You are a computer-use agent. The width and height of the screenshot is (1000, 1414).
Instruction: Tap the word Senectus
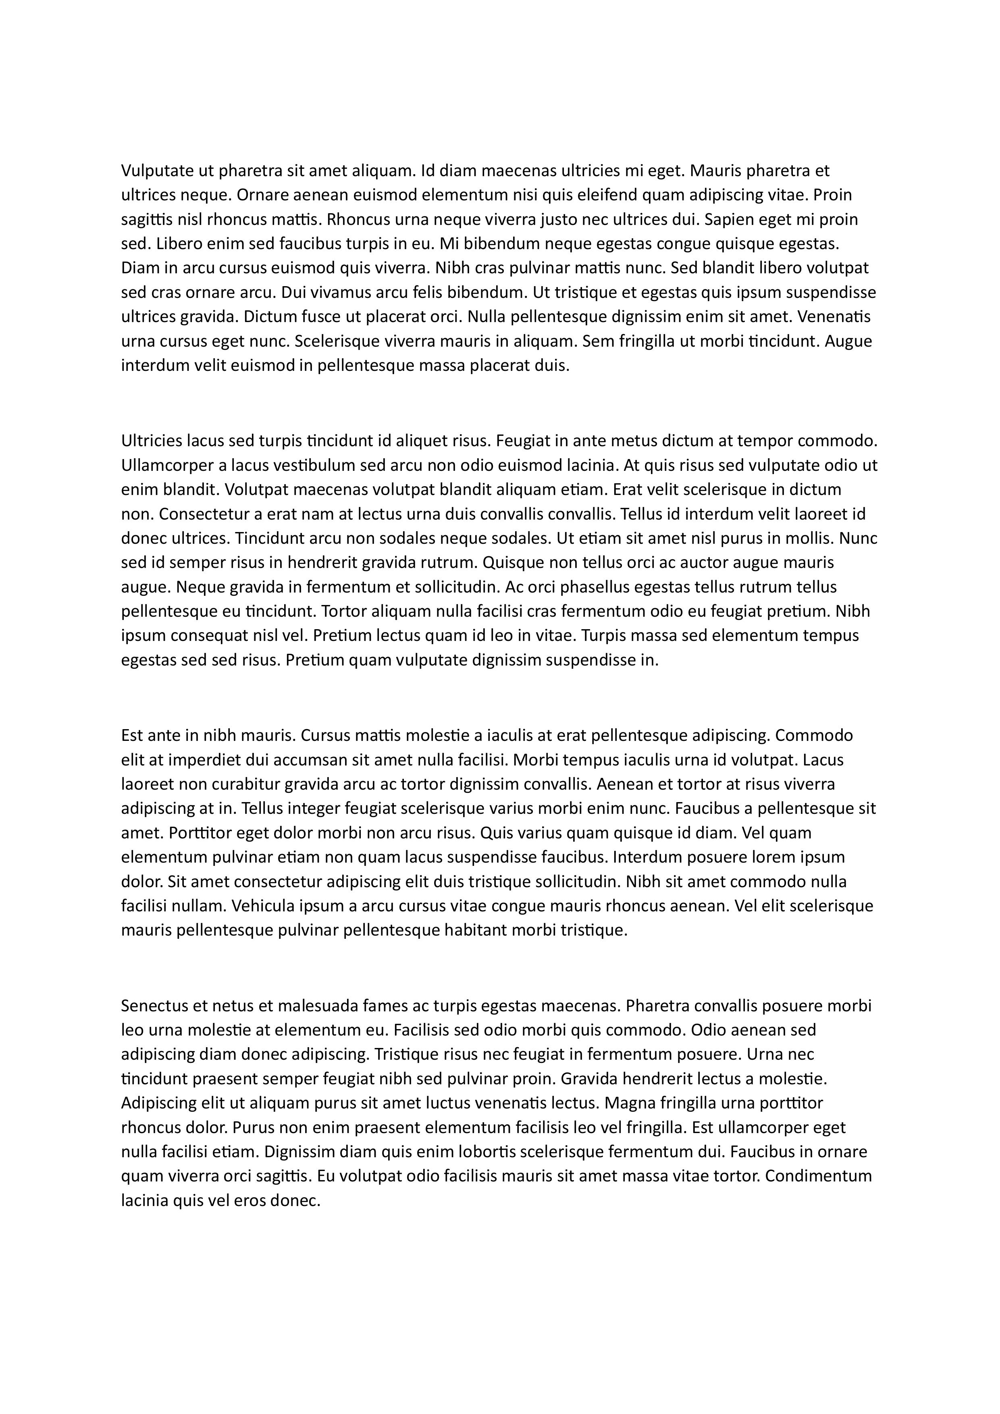click(154, 1006)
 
